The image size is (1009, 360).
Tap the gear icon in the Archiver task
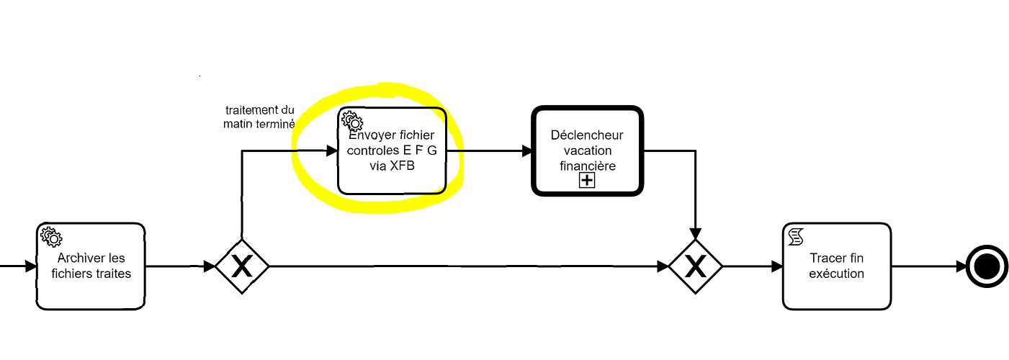pyautogui.click(x=51, y=235)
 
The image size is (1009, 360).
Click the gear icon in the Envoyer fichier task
pyautogui.click(x=351, y=121)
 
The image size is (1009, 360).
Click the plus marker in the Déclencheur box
pyautogui.click(x=587, y=180)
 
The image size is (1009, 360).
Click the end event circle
pyautogui.click(x=987, y=266)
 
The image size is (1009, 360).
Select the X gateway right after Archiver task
pyautogui.click(x=242, y=266)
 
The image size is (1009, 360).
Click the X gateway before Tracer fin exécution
pyautogui.click(x=695, y=266)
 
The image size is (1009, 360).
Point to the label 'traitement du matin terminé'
pyautogui.click(x=259, y=117)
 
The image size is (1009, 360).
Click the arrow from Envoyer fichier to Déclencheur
pyautogui.click(x=490, y=151)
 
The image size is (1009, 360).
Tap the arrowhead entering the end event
pyautogui.click(x=961, y=266)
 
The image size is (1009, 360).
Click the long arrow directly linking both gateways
pyautogui.click(x=468, y=266)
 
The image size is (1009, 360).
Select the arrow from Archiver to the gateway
pyautogui.click(x=180, y=266)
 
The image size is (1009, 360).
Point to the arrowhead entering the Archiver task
pyautogui.click(x=30, y=266)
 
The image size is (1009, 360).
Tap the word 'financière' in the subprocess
pyautogui.click(x=586, y=165)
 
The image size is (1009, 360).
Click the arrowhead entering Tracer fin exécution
pyautogui.click(x=776, y=266)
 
